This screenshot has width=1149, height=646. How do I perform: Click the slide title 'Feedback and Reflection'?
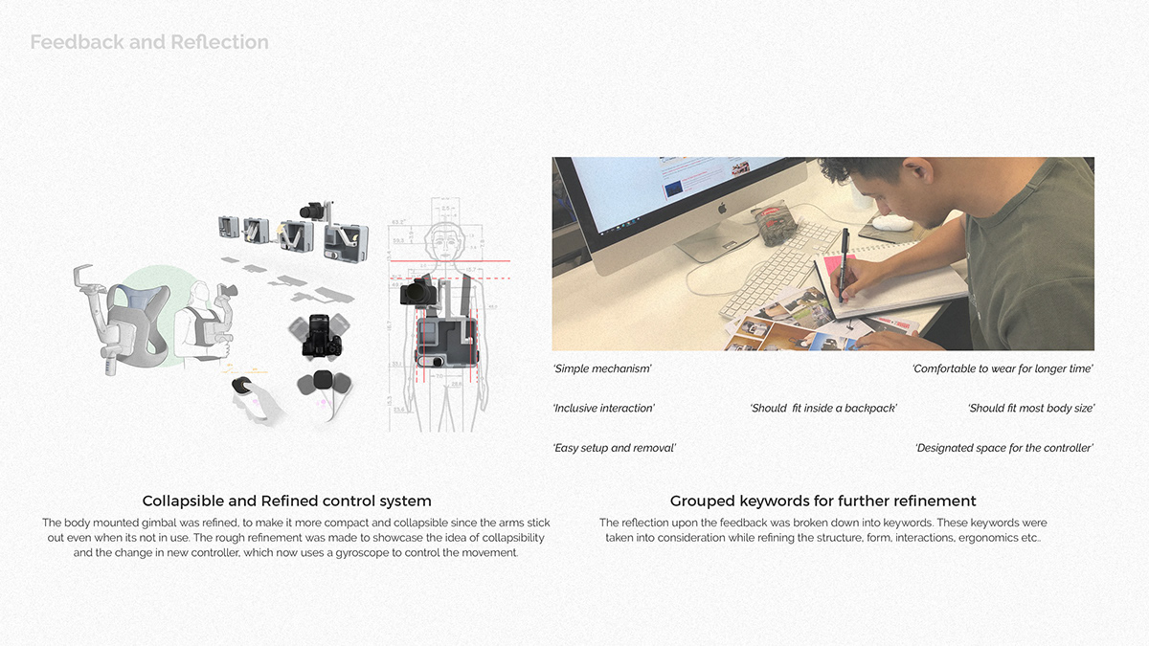149,42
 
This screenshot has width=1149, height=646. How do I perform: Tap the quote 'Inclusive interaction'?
603,409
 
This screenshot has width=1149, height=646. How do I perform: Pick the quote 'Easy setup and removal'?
615,448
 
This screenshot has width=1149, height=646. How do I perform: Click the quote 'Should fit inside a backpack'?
823,409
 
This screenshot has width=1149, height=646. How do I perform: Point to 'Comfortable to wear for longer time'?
1003,368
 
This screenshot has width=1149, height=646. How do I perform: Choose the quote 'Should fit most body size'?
1031,409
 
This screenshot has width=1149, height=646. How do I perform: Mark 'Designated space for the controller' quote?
1004,448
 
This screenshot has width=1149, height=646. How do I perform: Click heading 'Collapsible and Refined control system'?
286,501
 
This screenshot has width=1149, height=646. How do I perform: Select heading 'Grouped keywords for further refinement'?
822,501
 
